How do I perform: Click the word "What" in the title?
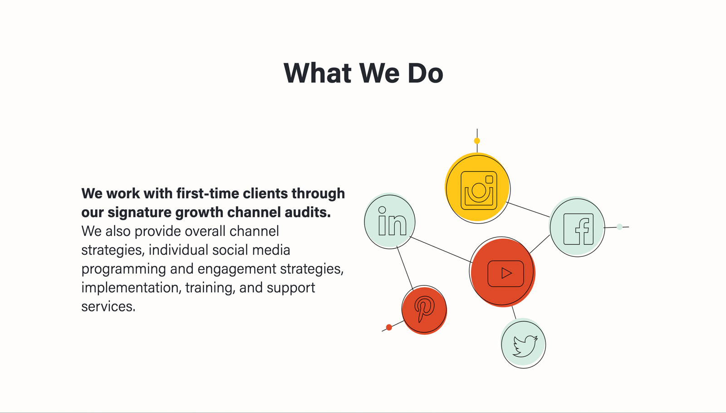(318, 73)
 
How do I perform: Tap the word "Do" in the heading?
(425, 73)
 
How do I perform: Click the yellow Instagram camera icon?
(479, 191)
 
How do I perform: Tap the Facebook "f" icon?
(579, 229)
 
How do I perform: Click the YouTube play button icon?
(505, 274)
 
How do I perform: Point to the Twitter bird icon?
(525, 346)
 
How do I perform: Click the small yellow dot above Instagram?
(477, 141)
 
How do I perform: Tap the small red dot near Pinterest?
(389, 327)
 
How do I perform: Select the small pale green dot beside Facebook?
(619, 226)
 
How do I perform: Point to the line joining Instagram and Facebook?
(528, 209)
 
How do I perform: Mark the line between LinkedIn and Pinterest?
(405, 268)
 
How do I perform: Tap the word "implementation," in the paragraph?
(131, 288)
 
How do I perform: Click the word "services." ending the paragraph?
(108, 307)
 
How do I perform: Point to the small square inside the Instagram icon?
(489, 180)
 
